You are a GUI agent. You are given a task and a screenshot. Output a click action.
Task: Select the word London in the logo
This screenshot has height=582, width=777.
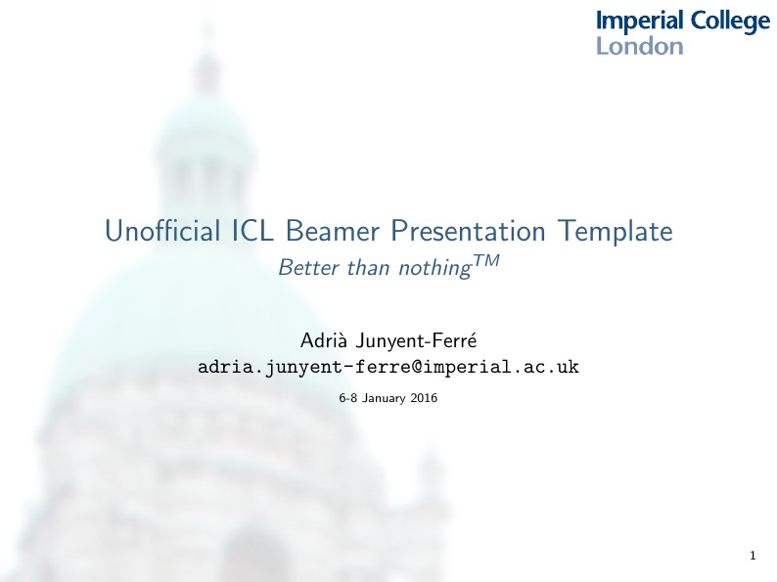coord(639,46)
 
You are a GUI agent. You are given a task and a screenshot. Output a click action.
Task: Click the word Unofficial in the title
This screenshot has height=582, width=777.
coord(160,232)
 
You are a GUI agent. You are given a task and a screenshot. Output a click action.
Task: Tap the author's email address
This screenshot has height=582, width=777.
coord(388,368)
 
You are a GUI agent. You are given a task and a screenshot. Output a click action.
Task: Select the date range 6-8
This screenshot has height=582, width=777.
coord(347,399)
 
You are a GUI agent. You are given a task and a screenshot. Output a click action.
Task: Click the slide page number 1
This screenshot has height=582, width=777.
coord(752,557)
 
